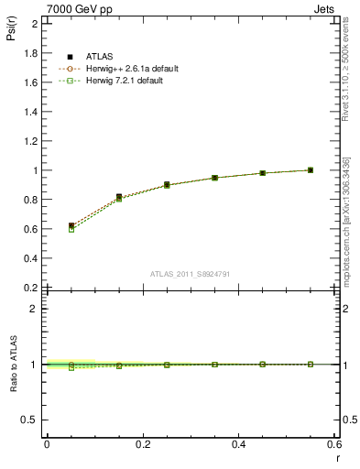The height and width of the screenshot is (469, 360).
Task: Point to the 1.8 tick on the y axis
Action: [x=31, y=53]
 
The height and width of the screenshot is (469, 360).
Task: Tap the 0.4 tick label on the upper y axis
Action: [x=31, y=258]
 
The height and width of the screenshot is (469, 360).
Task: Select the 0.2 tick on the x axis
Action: [x=142, y=444]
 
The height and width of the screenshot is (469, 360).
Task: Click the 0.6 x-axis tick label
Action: [x=335, y=444]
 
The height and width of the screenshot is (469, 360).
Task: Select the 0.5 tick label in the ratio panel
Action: [x=31, y=420]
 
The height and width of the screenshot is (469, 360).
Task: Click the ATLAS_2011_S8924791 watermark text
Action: [x=191, y=274]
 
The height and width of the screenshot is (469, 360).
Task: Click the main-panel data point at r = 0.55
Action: [x=311, y=170]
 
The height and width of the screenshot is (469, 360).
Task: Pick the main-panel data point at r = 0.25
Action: [x=167, y=185]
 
